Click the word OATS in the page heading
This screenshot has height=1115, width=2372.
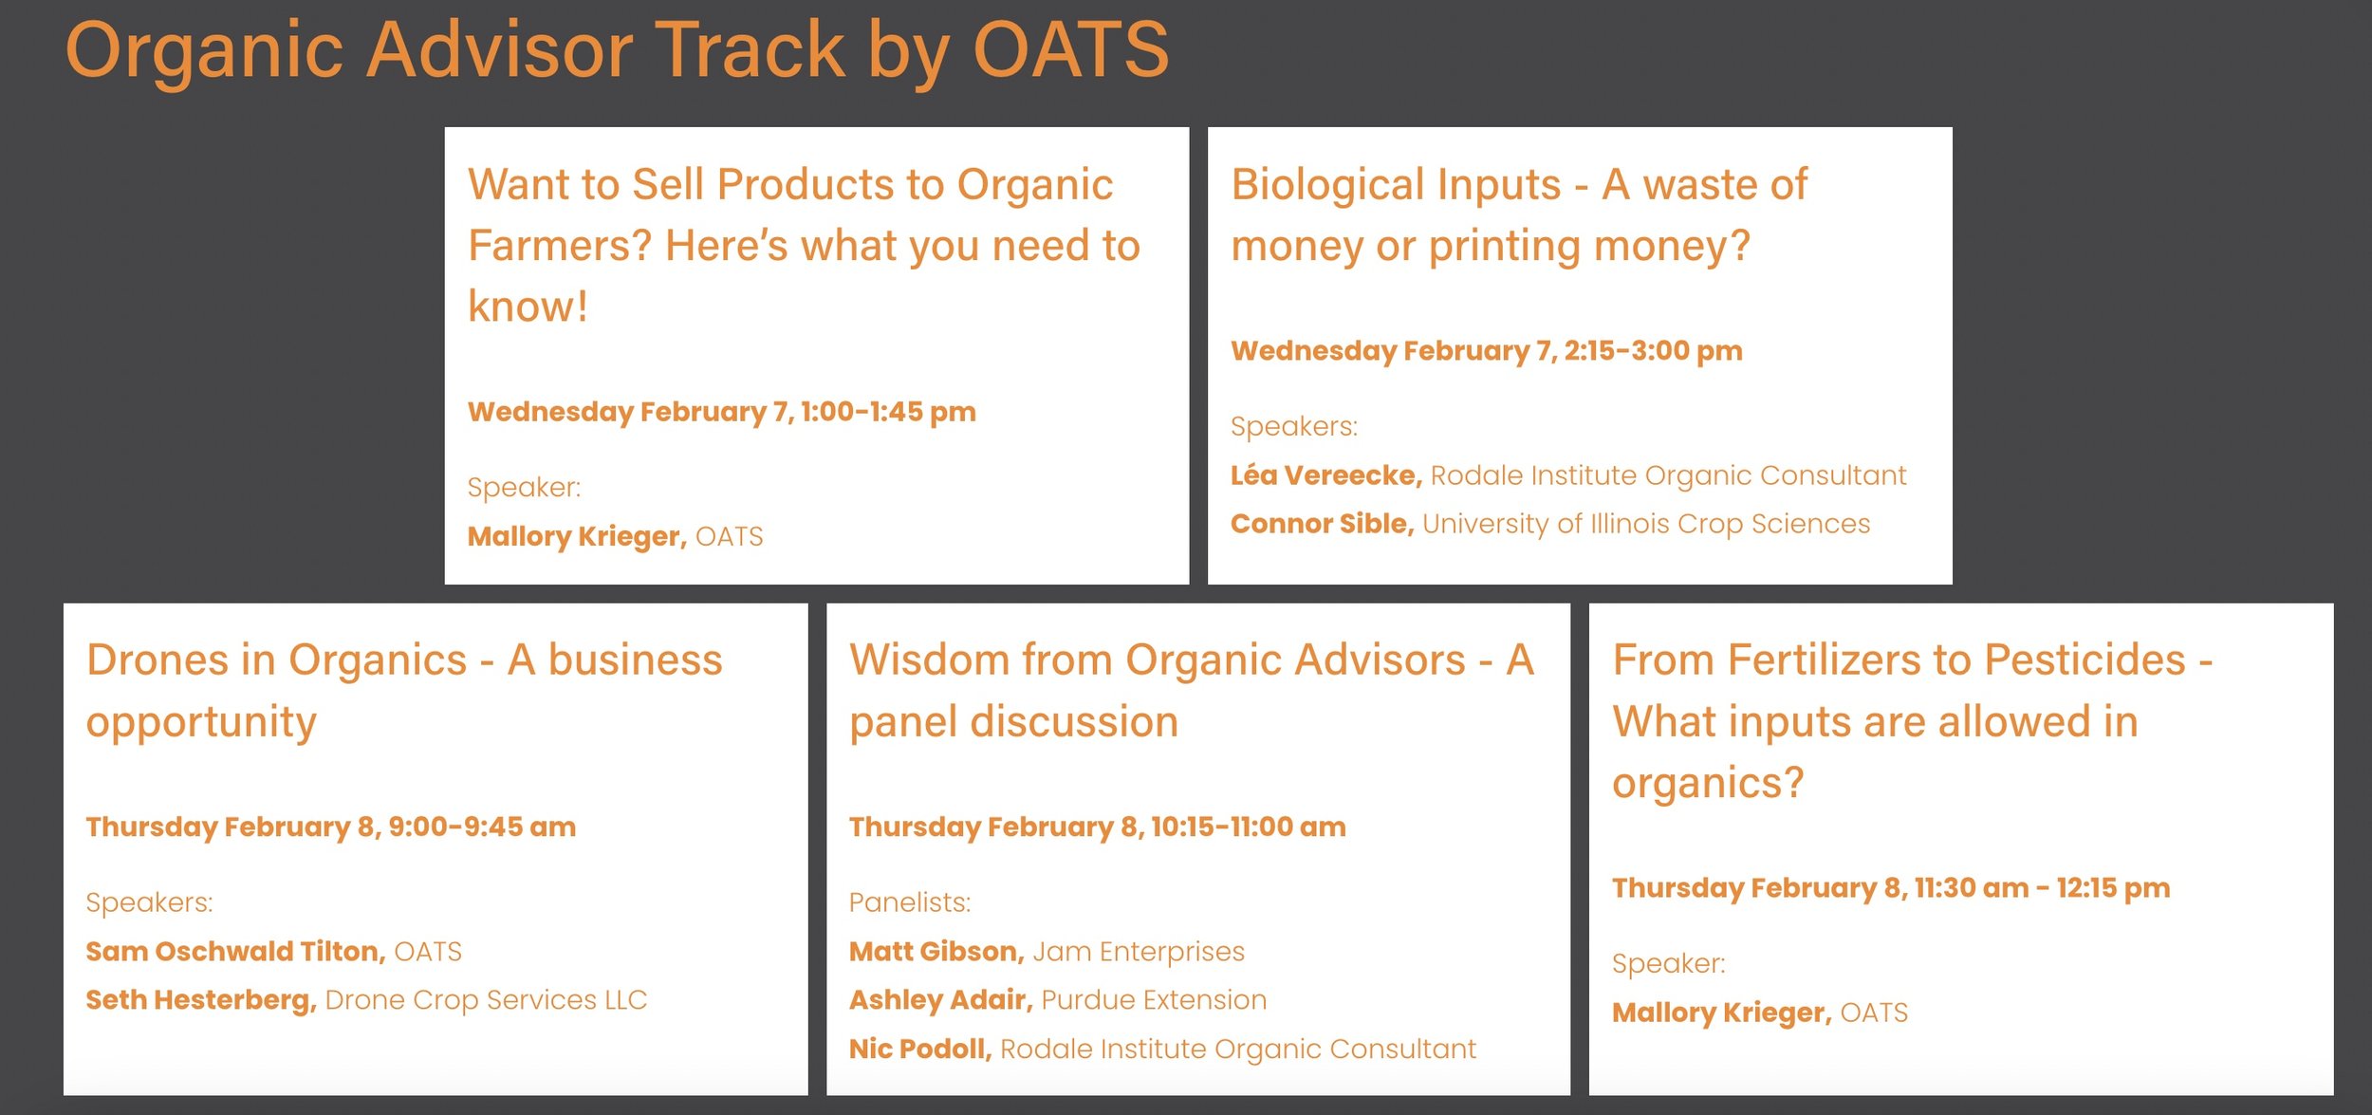[x=1071, y=49]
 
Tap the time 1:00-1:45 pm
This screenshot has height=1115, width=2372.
[x=888, y=412]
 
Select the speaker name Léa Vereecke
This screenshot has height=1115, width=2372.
[x=1325, y=474]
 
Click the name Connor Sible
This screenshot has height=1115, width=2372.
[x=1322, y=524]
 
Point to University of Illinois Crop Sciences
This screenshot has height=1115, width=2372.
[x=1646, y=524]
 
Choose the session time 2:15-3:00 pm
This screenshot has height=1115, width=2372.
[x=1653, y=351]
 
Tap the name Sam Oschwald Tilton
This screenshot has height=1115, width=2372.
[x=235, y=951]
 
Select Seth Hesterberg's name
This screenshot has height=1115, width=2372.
[x=201, y=1000]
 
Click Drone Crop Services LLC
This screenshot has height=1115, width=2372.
[x=486, y=1000]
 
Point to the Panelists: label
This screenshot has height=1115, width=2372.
[x=910, y=902]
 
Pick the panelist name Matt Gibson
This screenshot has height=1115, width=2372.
[x=936, y=951]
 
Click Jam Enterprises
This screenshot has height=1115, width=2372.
[x=1139, y=951]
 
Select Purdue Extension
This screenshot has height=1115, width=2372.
[x=1154, y=1000]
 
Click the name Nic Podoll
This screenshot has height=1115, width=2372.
[x=920, y=1049]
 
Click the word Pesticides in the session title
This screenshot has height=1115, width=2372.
[x=2085, y=660]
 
